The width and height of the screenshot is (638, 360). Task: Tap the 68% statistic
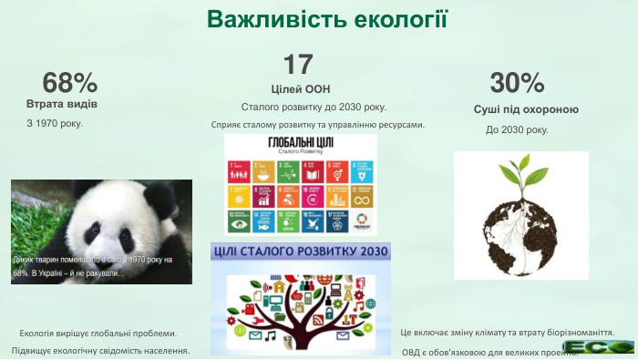click(70, 83)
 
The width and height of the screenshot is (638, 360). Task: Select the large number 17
click(298, 64)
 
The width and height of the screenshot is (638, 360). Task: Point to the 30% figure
click(517, 83)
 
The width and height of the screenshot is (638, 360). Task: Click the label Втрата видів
click(62, 104)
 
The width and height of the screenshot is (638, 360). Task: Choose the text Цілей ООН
click(300, 88)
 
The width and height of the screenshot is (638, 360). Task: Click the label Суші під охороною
click(526, 109)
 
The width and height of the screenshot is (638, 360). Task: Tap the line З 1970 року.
click(55, 123)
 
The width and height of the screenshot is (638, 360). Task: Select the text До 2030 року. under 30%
click(517, 129)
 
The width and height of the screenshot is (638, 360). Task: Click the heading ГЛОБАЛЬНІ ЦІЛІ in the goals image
click(300, 144)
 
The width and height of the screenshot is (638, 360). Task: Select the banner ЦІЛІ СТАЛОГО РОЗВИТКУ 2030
click(301, 251)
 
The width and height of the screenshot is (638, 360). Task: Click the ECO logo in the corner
click(598, 346)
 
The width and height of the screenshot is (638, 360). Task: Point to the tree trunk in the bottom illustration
click(301, 319)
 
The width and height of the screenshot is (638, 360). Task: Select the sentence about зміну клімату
click(507, 333)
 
